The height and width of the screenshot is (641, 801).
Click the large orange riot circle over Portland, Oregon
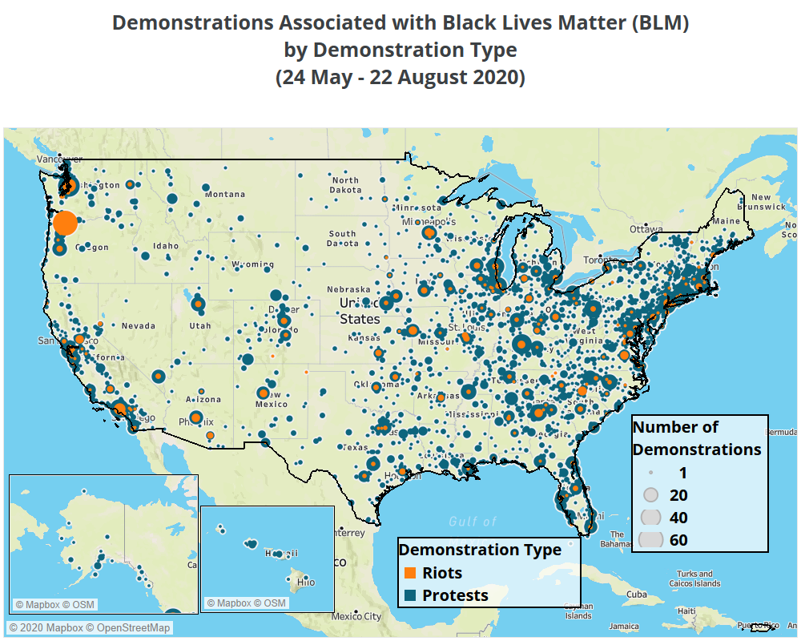point(65,222)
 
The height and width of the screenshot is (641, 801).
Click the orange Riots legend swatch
point(410,573)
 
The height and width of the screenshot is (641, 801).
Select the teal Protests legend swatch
point(410,595)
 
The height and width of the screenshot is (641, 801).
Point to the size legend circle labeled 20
point(651,495)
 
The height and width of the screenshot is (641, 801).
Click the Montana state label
point(225,194)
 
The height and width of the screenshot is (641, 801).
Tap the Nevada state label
point(138,326)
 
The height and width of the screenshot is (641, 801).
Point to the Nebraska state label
point(348,289)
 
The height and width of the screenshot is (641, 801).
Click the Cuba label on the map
point(637,595)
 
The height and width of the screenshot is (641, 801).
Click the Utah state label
point(200,326)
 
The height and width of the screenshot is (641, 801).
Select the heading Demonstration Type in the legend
point(480,550)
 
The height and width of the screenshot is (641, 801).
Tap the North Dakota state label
point(345,185)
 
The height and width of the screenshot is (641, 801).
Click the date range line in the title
point(400,78)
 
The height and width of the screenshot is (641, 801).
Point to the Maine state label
point(726,220)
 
